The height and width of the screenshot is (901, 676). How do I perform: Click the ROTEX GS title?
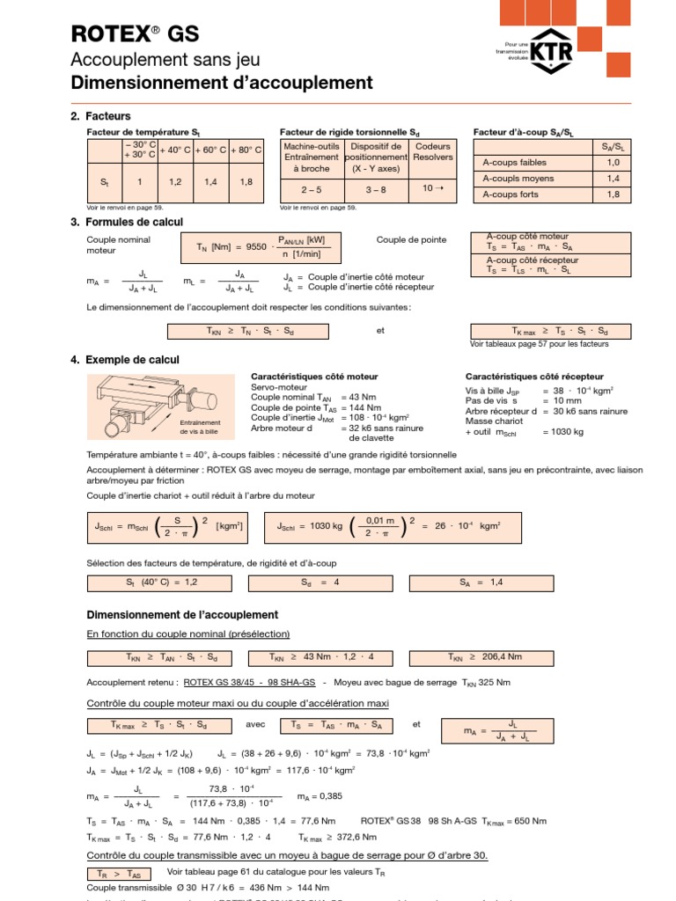point(134,34)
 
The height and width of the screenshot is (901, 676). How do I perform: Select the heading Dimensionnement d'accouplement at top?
point(221,83)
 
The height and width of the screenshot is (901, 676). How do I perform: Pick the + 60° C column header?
point(210,150)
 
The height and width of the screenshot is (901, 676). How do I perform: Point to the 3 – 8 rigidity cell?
point(376,189)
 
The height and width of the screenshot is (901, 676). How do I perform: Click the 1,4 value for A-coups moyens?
point(613,178)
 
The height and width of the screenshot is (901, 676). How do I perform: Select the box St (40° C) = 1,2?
point(156,582)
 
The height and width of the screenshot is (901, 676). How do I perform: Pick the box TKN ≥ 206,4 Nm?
point(483,657)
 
